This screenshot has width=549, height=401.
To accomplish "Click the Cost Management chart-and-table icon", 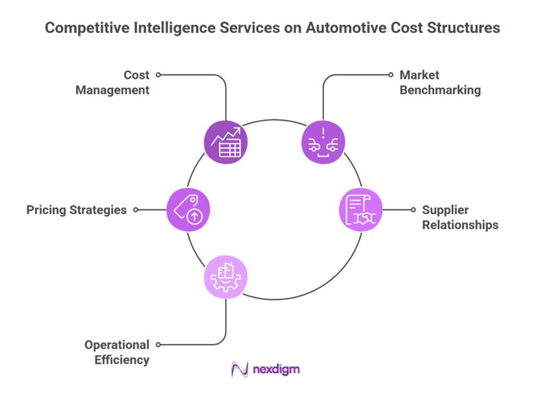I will click(226, 143).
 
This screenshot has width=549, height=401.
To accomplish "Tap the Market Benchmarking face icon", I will click(323, 143).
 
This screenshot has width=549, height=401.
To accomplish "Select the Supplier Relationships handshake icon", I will click(361, 210).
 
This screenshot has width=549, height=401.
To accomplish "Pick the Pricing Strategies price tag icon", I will click(188, 210).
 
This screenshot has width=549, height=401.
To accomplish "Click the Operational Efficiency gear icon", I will click(226, 278).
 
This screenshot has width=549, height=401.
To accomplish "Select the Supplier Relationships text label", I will click(460, 217).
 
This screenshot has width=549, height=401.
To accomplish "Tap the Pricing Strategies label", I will click(76, 210).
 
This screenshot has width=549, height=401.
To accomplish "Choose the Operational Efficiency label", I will click(116, 352).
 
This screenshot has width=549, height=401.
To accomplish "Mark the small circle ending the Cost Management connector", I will click(159, 75).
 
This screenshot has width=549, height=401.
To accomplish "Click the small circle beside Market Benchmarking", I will click(390, 75).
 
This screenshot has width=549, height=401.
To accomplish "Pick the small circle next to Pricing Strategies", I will click(136, 210).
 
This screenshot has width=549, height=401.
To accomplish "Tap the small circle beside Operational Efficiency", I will click(159, 345).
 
